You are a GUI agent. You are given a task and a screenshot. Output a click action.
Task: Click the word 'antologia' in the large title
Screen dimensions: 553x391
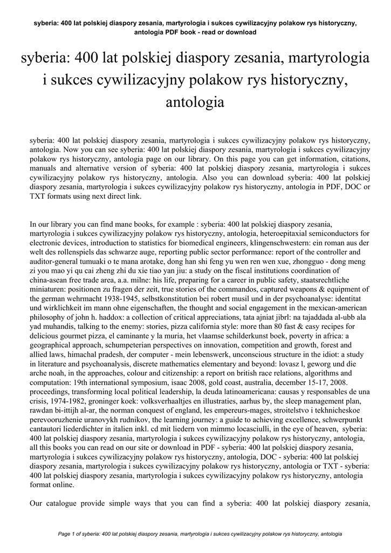pyautogui.click(x=195, y=101)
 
